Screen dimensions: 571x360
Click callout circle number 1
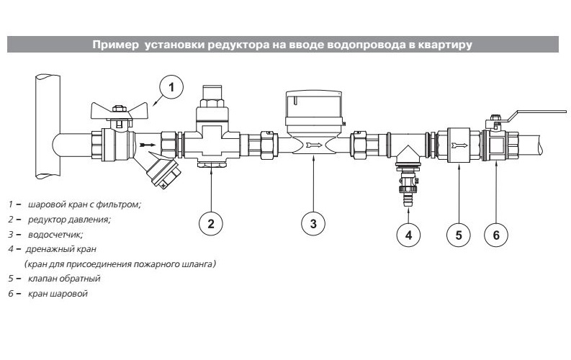(171, 87)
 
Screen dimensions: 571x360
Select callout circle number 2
(211, 223)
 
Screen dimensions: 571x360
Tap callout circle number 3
(313, 223)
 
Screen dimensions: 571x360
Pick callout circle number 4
(408, 235)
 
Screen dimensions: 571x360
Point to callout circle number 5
(459, 235)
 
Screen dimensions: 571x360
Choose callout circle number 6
(496, 235)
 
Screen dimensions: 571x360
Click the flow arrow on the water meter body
(314, 145)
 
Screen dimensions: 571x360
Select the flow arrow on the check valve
(459, 145)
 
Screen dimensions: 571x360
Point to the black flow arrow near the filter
(148, 145)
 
